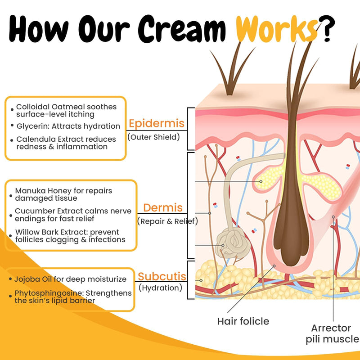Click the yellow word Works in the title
point(277,29)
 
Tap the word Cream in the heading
point(182,29)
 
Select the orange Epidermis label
point(157,123)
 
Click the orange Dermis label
point(163,207)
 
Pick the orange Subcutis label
point(162,276)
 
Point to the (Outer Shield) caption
point(153,137)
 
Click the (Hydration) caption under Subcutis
point(161,288)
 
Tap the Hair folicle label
point(243,321)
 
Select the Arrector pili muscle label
point(333,333)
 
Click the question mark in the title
point(327,29)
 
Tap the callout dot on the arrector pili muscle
point(333,217)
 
